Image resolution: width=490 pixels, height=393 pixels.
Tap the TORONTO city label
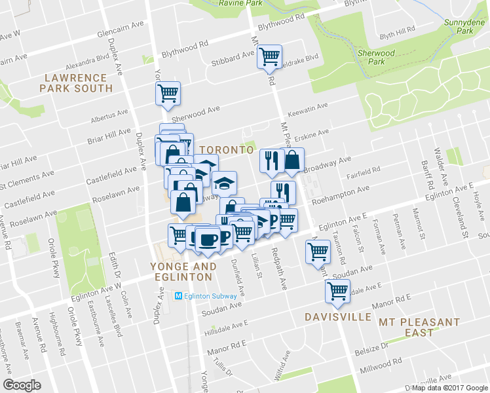point(226,149)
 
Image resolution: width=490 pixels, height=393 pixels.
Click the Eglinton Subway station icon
point(179,296)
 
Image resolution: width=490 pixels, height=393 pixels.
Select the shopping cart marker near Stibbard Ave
point(269,56)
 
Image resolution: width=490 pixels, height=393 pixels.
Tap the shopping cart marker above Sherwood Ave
point(168,94)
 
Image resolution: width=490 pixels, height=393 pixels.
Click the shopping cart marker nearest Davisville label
point(338,291)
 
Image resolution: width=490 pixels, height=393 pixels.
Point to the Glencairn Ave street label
point(120,33)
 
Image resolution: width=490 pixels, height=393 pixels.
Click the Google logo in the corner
point(22,384)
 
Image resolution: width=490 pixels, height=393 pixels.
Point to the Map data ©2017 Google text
point(449,388)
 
